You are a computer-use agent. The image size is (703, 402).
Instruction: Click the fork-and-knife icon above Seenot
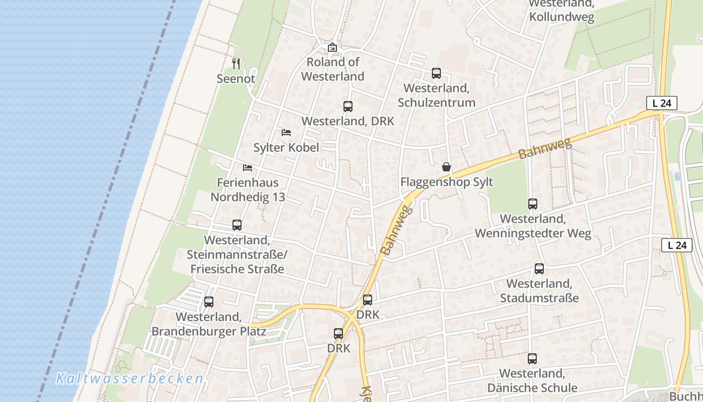(236, 63)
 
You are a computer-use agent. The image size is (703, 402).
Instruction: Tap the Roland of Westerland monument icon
(332, 47)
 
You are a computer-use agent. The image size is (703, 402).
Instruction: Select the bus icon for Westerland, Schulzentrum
(436, 73)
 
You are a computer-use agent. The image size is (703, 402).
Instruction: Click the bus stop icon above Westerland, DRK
(348, 107)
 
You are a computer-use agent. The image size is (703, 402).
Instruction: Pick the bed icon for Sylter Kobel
(286, 133)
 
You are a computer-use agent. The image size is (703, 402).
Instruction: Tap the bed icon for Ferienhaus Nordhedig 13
(248, 167)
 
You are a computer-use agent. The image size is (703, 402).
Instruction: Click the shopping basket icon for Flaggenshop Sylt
(446, 167)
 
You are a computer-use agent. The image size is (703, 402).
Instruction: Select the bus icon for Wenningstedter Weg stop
(533, 204)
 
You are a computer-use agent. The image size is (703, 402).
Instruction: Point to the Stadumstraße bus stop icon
(539, 269)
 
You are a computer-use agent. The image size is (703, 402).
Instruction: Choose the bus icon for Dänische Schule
(532, 359)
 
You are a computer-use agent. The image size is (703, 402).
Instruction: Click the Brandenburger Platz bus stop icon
(209, 302)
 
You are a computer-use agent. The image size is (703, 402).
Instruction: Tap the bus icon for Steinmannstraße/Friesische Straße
(237, 225)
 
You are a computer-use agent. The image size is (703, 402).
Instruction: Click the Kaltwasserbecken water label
(130, 378)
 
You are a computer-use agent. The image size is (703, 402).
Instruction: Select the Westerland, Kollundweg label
(561, 11)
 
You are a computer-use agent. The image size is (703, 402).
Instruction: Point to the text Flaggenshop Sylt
(446, 182)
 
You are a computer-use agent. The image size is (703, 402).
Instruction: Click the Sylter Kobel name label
(286, 148)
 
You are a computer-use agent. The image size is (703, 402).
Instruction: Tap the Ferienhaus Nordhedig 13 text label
(248, 189)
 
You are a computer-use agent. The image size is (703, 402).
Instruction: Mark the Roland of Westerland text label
(332, 69)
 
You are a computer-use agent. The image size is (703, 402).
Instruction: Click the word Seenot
(236, 79)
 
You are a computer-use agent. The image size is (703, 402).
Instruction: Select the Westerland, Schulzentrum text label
(436, 95)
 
